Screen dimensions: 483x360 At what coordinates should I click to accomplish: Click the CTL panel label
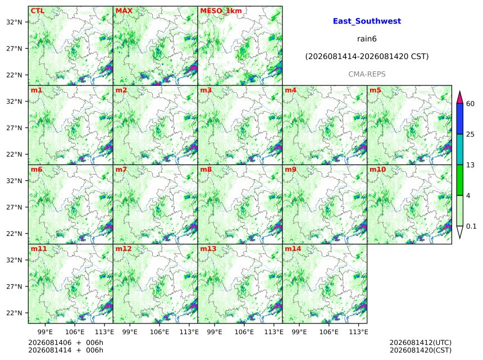pyautogui.click(x=37, y=11)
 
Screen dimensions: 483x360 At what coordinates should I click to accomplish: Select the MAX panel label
pyautogui.click(x=124, y=11)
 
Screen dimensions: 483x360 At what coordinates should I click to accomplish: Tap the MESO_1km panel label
pyautogui.click(x=221, y=11)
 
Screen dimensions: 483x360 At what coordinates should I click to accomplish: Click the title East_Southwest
pyautogui.click(x=367, y=21)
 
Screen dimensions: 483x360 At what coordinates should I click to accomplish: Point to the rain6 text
pyautogui.click(x=367, y=39)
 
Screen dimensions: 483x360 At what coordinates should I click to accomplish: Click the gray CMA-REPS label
pyautogui.click(x=367, y=74)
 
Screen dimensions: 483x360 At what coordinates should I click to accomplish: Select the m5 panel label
pyautogui.click(x=375, y=90)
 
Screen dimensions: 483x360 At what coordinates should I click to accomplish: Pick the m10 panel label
pyautogui.click(x=377, y=170)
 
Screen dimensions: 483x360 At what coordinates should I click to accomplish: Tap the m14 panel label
pyautogui.click(x=293, y=249)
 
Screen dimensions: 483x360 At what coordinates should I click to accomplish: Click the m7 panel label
pyautogui.click(x=121, y=170)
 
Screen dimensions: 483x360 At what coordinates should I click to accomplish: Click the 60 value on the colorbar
pyautogui.click(x=470, y=104)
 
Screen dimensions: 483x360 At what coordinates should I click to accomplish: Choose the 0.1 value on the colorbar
pyautogui.click(x=471, y=226)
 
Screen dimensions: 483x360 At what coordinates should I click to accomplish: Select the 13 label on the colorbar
pyautogui.click(x=470, y=165)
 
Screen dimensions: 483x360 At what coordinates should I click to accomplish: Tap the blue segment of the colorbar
pyautogui.click(x=460, y=119)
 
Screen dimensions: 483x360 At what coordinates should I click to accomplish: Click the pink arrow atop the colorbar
pyautogui.click(x=460, y=98)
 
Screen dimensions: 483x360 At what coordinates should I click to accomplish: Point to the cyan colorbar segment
pyautogui.click(x=460, y=149)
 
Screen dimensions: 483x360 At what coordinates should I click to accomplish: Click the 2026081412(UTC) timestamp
pyautogui.click(x=421, y=343)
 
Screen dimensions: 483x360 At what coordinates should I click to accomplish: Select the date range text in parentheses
pyautogui.click(x=367, y=56)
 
